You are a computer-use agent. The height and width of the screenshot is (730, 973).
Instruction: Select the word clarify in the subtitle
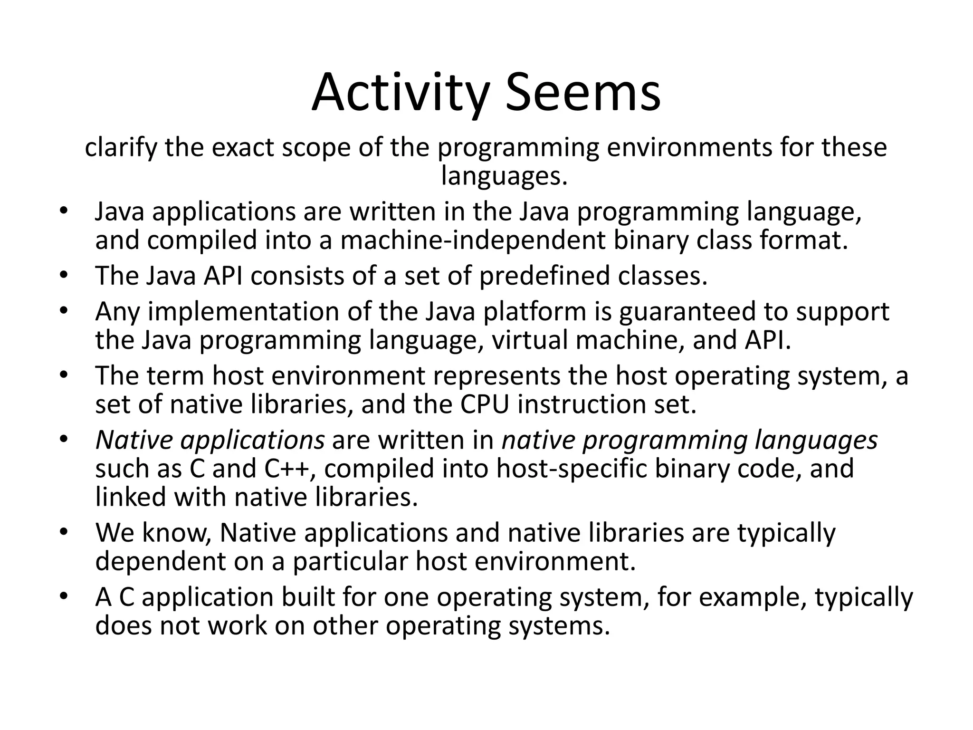coord(121,147)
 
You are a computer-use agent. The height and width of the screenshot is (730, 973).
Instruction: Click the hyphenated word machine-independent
coord(473,240)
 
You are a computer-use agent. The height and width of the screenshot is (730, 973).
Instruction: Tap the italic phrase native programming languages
coord(689,440)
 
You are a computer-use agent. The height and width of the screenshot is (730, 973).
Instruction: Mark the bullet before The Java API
coord(65,276)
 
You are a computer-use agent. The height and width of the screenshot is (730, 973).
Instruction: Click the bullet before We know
coord(65,533)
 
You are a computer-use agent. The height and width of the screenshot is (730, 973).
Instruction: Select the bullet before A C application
coord(65,597)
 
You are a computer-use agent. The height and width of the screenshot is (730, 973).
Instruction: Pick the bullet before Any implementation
coord(65,312)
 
